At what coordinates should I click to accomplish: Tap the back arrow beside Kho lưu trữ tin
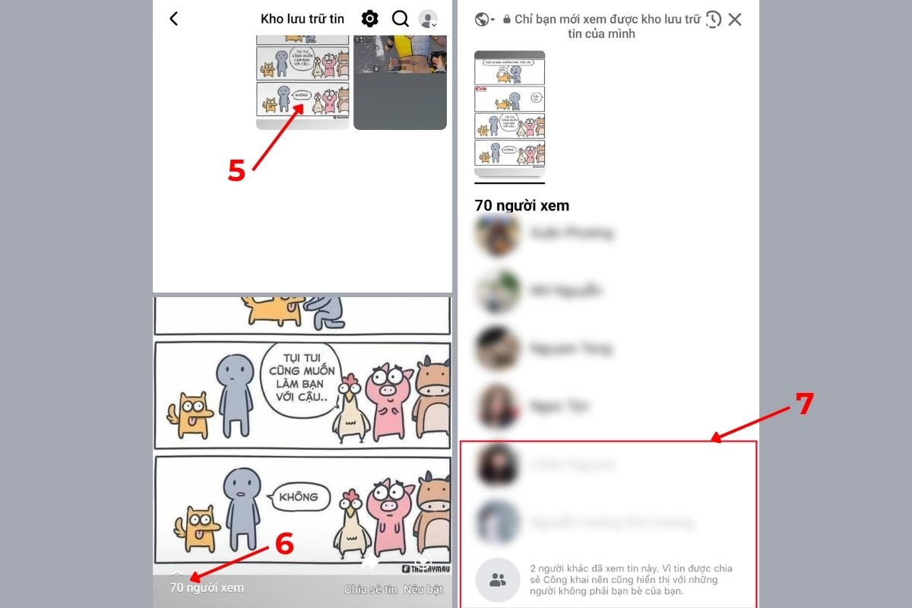[173, 19]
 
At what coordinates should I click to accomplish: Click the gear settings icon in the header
[369, 19]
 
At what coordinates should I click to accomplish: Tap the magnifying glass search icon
[400, 19]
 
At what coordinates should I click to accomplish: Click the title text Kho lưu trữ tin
[302, 19]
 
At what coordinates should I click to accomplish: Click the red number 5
[236, 170]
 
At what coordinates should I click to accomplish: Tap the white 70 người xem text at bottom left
[207, 587]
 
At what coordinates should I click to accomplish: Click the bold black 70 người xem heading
[521, 205]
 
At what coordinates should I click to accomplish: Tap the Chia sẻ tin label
[370, 589]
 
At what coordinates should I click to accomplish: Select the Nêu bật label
[423, 589]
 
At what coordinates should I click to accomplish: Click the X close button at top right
[734, 20]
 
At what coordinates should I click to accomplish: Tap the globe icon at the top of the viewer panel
[482, 20]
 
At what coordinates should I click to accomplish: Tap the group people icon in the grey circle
[498, 580]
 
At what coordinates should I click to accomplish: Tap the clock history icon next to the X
[712, 20]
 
